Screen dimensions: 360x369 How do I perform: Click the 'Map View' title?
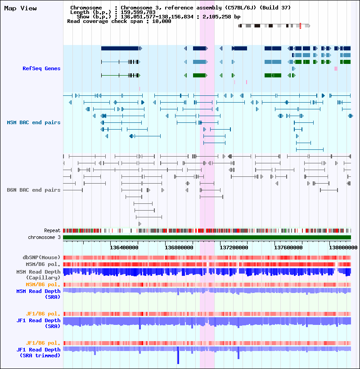tap(20, 8)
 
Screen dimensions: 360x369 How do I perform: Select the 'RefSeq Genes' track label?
tap(41, 68)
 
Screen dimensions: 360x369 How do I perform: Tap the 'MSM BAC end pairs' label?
tap(34, 122)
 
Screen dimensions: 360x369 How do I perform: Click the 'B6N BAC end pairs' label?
tap(34, 190)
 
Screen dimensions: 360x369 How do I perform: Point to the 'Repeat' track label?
tap(52, 230)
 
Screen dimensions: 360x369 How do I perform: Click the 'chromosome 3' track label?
tap(44, 237)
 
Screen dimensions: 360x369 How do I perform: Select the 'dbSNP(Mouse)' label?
tap(42, 257)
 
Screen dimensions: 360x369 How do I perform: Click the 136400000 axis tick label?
tap(124, 247)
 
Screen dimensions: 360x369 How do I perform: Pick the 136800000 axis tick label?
tap(179, 247)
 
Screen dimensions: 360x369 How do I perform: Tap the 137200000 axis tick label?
tap(234, 247)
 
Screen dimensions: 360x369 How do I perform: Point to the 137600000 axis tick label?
tap(288, 247)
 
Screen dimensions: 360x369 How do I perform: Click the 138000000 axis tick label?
tap(343, 247)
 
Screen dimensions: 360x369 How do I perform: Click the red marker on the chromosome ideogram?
tap(301, 26)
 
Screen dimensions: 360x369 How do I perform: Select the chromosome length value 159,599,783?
tap(138, 12)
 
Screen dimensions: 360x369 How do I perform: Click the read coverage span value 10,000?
tap(162, 21)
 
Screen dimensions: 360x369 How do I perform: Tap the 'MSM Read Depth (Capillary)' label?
tap(38, 274)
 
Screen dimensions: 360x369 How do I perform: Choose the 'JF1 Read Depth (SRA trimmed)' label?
tap(38, 352)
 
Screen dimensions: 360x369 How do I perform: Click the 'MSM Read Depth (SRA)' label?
tap(38, 294)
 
